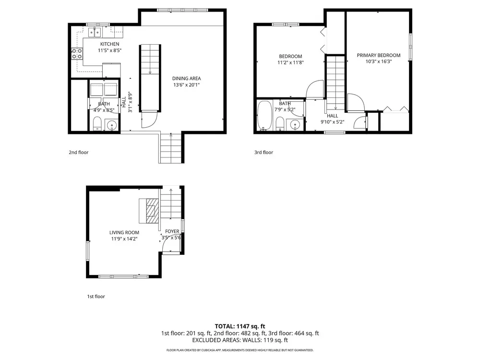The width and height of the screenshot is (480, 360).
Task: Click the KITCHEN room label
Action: tap(109, 44)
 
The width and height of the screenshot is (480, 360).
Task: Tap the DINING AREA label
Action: tap(186, 78)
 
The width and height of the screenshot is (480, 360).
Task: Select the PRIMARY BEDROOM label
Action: tap(379, 55)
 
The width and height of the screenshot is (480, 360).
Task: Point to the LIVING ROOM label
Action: tap(124, 233)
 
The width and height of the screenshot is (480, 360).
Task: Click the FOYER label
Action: tap(172, 231)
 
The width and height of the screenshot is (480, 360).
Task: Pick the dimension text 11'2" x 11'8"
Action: tap(290, 63)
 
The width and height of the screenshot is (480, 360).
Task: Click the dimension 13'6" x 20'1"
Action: tap(186, 85)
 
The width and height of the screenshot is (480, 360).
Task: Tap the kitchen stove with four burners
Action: tap(77, 54)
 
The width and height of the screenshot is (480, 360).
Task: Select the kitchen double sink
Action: tap(95, 32)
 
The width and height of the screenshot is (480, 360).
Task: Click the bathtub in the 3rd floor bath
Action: tap(264, 115)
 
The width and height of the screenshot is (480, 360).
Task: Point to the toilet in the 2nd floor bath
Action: tap(97, 124)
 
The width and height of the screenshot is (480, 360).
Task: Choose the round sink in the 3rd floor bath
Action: tap(295, 124)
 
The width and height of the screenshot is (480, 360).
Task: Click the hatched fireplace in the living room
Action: tap(152, 211)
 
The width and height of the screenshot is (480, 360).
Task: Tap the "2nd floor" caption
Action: tap(79, 153)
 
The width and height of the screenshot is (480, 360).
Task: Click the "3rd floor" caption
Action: tap(264, 153)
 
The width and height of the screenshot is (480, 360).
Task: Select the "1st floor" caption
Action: tap(96, 297)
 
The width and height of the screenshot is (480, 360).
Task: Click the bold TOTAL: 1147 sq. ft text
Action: tap(240, 326)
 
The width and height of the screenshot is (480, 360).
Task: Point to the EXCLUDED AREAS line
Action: tap(240, 340)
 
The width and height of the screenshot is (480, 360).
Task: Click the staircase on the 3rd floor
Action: tap(336, 83)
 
